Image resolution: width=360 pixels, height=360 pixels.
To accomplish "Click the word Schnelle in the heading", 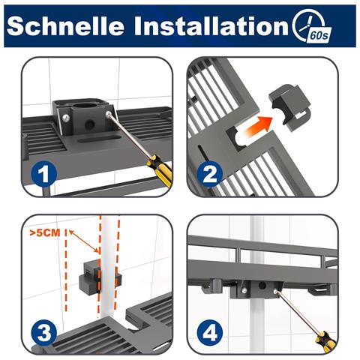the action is [x=65, y=26].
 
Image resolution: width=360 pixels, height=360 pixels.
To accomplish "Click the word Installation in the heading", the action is [x=211, y=26].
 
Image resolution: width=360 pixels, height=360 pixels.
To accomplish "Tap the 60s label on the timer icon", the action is [x=319, y=35].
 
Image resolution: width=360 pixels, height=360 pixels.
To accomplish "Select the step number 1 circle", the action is [x=44, y=174].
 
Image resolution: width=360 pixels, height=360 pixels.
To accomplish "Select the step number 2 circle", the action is [x=210, y=174].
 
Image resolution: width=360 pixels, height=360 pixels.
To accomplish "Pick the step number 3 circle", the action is [x=44, y=333].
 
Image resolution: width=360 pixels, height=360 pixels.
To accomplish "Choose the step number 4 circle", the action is [x=210, y=333].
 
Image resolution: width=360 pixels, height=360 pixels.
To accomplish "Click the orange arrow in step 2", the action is [x=257, y=126].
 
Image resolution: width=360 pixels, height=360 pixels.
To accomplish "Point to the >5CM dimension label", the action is [x=45, y=232].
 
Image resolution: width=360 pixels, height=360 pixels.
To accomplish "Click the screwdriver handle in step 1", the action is [x=160, y=167].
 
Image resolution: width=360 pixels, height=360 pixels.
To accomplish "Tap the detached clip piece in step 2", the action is [x=290, y=105].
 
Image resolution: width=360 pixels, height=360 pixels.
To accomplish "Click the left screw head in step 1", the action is [x=66, y=118].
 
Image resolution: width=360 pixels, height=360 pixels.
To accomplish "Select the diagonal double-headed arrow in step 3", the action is [x=85, y=241].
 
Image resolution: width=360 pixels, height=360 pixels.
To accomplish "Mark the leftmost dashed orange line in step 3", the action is [x=66, y=270].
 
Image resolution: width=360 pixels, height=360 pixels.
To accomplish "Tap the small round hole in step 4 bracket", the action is [x=262, y=285].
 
